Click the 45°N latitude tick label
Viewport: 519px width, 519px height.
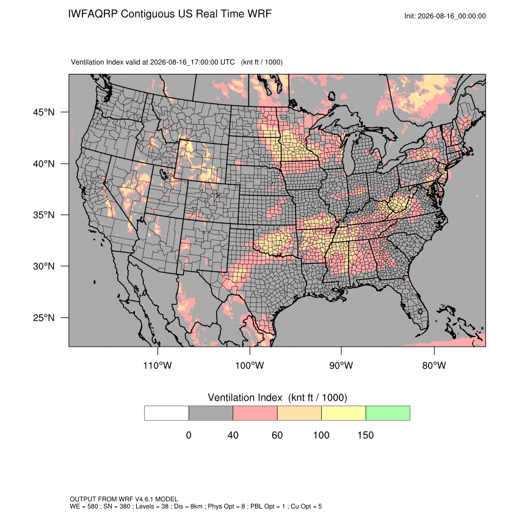[44, 112]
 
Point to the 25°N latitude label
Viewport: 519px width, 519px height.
[44, 318]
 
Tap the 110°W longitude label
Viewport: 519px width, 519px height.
[158, 365]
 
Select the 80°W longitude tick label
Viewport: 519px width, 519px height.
[434, 365]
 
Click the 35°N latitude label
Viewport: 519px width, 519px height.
[44, 215]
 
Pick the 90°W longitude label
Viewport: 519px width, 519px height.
[341, 365]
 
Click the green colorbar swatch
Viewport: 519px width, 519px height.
[388, 413]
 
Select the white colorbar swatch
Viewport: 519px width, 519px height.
[167, 413]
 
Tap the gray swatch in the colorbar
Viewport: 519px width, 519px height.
[211, 413]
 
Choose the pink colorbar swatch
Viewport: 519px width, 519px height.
[255, 413]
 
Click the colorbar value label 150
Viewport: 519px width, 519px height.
[365, 435]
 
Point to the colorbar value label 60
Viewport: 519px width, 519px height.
[277, 435]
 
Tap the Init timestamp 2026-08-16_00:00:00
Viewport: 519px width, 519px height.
[451, 16]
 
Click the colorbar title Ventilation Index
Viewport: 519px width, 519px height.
[245, 397]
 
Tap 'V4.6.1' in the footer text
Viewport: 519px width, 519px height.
[144, 499]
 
